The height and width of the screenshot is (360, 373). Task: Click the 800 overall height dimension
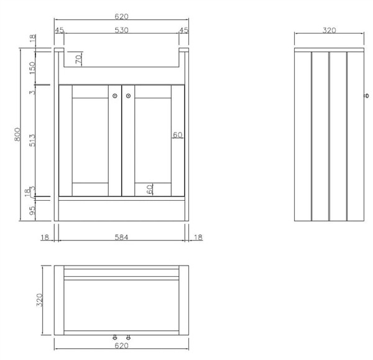(x=17, y=134)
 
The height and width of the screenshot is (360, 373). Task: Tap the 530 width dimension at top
(x=122, y=30)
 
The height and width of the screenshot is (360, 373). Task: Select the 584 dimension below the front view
(x=121, y=238)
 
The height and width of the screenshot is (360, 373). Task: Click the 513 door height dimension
(x=32, y=141)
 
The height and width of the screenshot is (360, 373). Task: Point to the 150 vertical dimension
(x=32, y=68)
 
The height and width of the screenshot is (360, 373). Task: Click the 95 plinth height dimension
(x=32, y=210)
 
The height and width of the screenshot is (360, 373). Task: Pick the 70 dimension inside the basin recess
(x=79, y=58)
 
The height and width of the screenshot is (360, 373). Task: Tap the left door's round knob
(x=115, y=96)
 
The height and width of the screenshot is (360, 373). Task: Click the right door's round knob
(x=129, y=96)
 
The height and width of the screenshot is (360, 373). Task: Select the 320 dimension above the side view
(x=329, y=30)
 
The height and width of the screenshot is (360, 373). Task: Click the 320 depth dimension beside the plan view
(x=40, y=300)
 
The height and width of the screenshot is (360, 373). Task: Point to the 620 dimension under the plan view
(x=121, y=346)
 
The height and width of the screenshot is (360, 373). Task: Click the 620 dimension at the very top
(x=121, y=16)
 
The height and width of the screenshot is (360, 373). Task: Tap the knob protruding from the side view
(x=367, y=96)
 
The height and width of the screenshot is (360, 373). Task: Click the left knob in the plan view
(x=115, y=337)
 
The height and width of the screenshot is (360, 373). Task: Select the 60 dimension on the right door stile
(x=178, y=135)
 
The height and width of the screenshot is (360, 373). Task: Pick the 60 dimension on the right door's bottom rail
(x=150, y=190)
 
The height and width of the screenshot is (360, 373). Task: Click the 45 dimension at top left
(x=60, y=30)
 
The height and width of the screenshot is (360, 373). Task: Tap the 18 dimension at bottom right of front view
(x=198, y=238)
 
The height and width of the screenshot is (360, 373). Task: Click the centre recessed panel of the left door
(x=90, y=141)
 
